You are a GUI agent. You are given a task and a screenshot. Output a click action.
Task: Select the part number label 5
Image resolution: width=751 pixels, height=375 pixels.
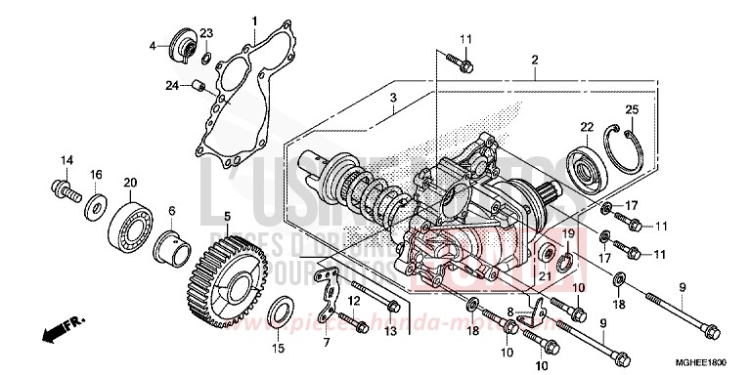(x=227, y=216)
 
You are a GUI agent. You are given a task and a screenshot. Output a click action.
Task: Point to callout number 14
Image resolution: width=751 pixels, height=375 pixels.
(x=68, y=160)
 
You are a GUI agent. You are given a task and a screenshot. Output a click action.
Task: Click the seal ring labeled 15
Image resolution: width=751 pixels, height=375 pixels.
(x=279, y=312)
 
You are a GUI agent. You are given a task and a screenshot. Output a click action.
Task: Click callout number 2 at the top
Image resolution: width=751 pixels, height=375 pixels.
(x=535, y=61)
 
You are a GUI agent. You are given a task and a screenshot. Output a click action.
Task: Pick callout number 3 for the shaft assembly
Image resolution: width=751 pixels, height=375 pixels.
(x=391, y=99)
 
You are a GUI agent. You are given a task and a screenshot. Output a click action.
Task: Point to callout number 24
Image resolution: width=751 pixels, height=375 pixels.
(x=171, y=86)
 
